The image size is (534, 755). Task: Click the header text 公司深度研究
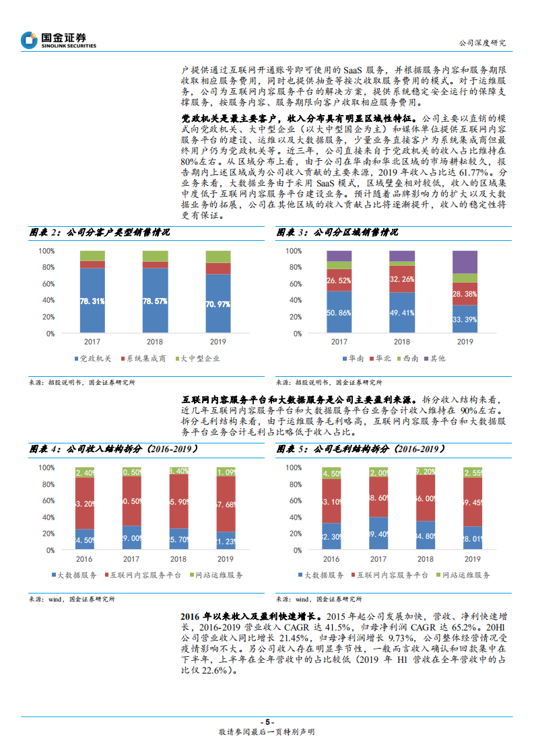[x=481, y=43]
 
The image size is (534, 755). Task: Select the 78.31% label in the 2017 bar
[x=92, y=301]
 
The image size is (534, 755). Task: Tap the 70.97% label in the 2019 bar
[x=218, y=304]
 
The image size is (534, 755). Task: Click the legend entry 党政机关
[x=92, y=359]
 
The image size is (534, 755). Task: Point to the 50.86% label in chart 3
[x=339, y=312]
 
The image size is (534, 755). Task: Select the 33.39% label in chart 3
[x=465, y=320]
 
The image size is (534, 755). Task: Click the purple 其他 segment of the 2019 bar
[x=465, y=262]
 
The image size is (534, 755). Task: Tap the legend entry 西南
[x=411, y=359]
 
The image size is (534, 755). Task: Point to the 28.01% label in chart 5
[x=465, y=538]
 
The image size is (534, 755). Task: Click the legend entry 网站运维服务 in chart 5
[x=465, y=575]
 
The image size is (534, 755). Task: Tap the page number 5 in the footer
[x=267, y=721]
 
